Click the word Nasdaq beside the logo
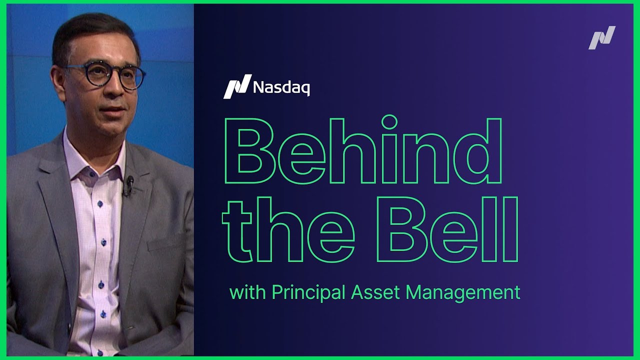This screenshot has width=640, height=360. (x=281, y=87)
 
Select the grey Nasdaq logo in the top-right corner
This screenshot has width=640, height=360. (x=601, y=38)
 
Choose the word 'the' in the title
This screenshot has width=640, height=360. (x=289, y=230)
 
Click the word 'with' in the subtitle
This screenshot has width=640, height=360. (x=247, y=292)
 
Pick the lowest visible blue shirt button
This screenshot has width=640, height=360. (x=103, y=313)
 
